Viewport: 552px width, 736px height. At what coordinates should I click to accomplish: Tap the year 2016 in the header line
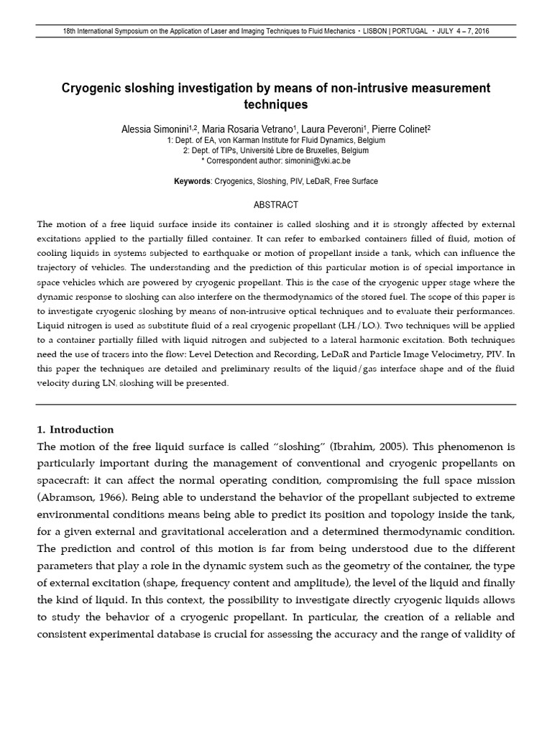pos(482,32)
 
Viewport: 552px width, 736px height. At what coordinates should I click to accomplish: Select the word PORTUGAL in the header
pos(412,32)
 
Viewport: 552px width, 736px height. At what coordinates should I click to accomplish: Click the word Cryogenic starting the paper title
pos(91,88)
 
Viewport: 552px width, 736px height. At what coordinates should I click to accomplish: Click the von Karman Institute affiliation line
pos(276,141)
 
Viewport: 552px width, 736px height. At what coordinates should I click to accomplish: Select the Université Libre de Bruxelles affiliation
pos(276,151)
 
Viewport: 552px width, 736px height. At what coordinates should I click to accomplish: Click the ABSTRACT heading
pos(276,205)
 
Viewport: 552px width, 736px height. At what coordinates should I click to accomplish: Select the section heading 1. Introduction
pos(75,430)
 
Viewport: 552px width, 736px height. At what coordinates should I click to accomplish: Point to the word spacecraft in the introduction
pos(63,480)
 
